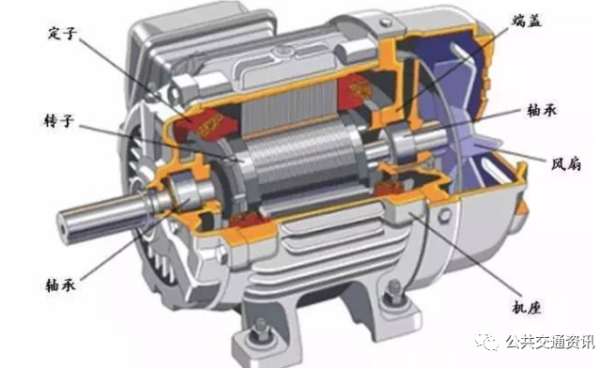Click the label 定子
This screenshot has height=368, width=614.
pyautogui.click(x=62, y=33)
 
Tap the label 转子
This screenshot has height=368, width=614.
pyautogui.click(x=59, y=121)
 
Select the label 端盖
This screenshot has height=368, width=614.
pyautogui.click(x=527, y=21)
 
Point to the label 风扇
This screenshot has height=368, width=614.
pyautogui.click(x=566, y=163)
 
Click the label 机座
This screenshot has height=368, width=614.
pyautogui.click(x=527, y=307)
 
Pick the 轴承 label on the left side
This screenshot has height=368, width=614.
pyautogui.click(x=61, y=284)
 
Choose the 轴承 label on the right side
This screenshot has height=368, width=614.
pyautogui.click(x=542, y=110)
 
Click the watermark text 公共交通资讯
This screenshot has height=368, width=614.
pyautogui.click(x=550, y=342)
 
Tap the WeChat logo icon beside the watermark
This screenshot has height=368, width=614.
pyautogui.click(x=486, y=342)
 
